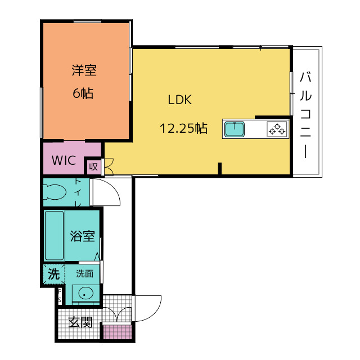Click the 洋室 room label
84,70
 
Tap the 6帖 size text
83,93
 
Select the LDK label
180,100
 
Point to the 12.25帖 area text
183,128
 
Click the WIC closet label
64,160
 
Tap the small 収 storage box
93,166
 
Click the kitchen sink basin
235,129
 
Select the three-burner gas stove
277,129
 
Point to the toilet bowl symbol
55,192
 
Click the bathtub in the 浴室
55,236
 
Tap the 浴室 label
82,236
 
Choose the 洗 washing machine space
54,274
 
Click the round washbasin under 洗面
86,294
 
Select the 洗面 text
85,274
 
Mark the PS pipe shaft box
60,296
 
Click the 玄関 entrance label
80,322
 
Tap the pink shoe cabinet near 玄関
117,332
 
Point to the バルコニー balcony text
305,115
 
